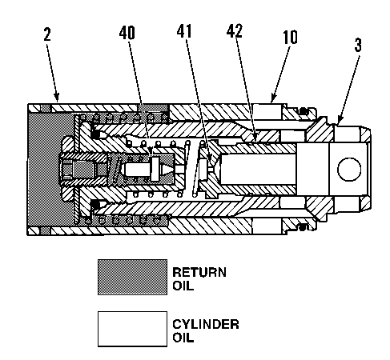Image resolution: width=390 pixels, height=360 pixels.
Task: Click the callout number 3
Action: coord(357,46)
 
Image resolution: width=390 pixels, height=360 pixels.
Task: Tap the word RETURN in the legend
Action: coord(199,271)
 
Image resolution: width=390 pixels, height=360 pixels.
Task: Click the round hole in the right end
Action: coord(349,169)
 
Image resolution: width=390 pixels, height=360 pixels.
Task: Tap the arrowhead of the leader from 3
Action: coord(337,120)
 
